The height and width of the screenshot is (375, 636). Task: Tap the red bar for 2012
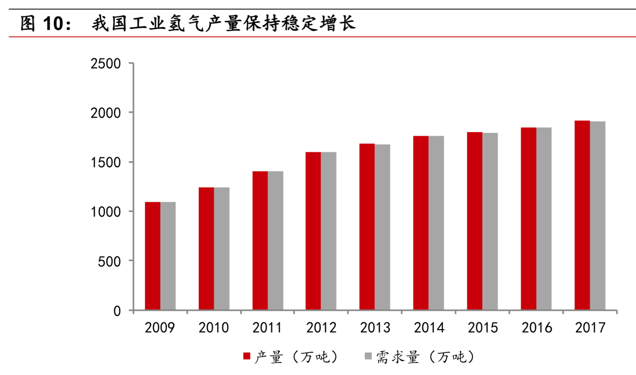(313, 231)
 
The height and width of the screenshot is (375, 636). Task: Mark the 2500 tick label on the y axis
(106, 64)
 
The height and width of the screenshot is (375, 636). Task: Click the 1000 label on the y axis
(106, 212)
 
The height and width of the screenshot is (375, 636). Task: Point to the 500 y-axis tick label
(109, 261)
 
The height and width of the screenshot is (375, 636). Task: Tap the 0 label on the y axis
(117, 311)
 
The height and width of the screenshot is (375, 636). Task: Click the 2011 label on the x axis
(267, 327)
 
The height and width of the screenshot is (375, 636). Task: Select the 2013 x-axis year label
(375, 327)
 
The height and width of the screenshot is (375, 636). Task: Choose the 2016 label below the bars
(536, 327)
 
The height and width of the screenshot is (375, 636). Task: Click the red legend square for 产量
(247, 356)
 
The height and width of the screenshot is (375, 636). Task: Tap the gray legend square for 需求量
(368, 356)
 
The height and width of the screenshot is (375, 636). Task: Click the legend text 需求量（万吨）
(425, 357)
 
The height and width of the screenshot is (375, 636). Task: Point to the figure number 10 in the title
(53, 24)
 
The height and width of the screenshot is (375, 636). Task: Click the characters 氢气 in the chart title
(186, 24)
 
